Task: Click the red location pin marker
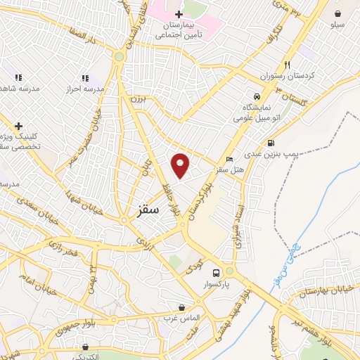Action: (x=181, y=165)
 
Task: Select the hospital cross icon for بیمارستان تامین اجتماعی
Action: (x=179, y=14)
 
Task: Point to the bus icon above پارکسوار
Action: (x=217, y=273)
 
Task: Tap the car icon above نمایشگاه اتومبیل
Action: (x=257, y=96)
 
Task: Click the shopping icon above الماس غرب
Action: (x=183, y=308)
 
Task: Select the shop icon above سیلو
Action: (x=338, y=13)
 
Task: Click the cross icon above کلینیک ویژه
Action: (x=18, y=125)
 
